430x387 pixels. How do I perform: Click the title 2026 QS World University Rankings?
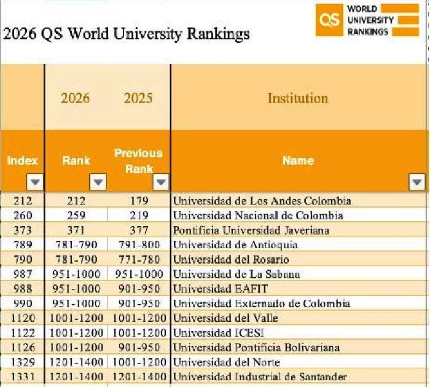(x=127, y=33)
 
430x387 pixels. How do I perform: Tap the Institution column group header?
(x=298, y=98)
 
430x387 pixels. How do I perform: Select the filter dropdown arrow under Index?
(x=35, y=182)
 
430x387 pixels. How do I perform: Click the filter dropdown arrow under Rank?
(x=98, y=182)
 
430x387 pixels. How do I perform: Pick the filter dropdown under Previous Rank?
(x=161, y=182)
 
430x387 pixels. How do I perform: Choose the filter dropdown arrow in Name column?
(x=417, y=182)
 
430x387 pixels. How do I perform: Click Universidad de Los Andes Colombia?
(x=262, y=201)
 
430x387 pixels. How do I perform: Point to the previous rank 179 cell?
(x=139, y=201)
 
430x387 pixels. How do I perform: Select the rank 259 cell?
(x=77, y=216)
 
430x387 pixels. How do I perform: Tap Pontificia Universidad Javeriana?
(x=251, y=230)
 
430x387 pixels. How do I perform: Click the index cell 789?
(x=23, y=245)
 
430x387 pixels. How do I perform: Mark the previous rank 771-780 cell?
(x=139, y=260)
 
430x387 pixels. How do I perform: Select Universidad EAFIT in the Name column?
(x=220, y=289)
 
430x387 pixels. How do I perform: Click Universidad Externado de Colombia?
(x=262, y=303)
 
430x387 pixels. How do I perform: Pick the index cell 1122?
(x=23, y=333)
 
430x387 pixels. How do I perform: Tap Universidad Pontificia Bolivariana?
(x=256, y=348)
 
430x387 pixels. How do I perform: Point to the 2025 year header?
(x=138, y=98)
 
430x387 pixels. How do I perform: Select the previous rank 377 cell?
(x=139, y=230)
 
